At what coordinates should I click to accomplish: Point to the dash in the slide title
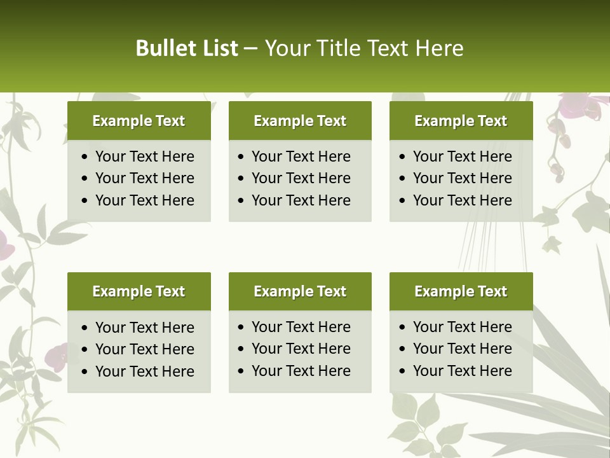pyautogui.click(x=250, y=49)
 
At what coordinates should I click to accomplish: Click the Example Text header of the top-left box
pyautogui.click(x=139, y=121)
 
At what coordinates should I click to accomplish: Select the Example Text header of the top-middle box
pyautogui.click(x=300, y=121)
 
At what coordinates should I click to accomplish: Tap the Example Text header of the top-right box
pyautogui.click(x=461, y=121)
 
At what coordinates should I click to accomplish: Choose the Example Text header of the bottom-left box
pyautogui.click(x=139, y=291)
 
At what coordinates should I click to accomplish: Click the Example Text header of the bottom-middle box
pyautogui.click(x=300, y=291)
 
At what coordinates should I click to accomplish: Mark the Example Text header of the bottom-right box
pyautogui.click(x=461, y=291)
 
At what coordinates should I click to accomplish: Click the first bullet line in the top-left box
pyautogui.click(x=144, y=156)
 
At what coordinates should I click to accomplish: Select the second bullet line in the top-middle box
pyautogui.click(x=301, y=178)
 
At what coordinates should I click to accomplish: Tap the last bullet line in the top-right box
pyautogui.click(x=462, y=200)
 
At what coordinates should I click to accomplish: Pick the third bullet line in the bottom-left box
pyautogui.click(x=144, y=371)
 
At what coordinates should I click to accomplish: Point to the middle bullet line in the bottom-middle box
pyautogui.click(x=301, y=349)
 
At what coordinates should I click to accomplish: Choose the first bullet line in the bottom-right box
pyautogui.click(x=462, y=327)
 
